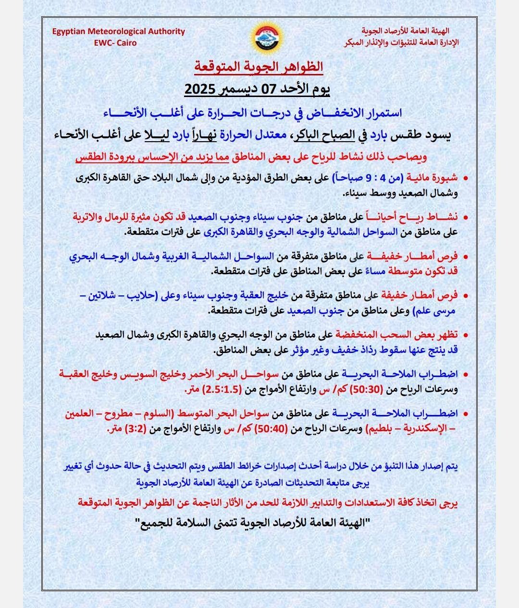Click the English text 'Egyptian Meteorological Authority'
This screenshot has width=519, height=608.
point(119,31)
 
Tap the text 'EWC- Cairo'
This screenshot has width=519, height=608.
point(115,43)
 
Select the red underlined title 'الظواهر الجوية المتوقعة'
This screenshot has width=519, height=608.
point(259,67)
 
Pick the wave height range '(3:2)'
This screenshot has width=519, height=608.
point(136,428)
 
